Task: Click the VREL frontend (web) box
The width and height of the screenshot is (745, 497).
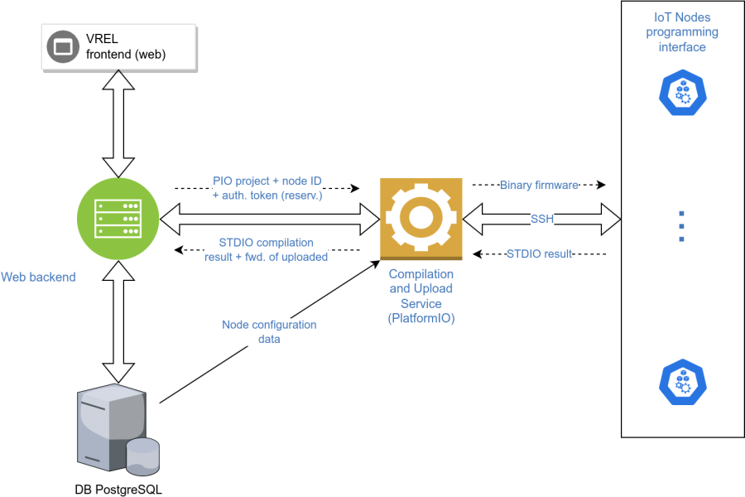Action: (x=119, y=47)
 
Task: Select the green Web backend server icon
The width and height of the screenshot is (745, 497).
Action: (x=119, y=220)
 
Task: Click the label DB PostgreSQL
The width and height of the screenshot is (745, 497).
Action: (x=118, y=490)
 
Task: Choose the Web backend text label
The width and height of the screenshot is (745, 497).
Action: (x=38, y=277)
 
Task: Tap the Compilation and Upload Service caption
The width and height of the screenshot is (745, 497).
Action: (x=421, y=296)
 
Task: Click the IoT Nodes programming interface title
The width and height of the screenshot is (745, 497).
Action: (x=682, y=32)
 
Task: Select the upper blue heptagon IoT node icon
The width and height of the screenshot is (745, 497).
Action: (x=683, y=92)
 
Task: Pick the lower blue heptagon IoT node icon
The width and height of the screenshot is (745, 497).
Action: (x=683, y=380)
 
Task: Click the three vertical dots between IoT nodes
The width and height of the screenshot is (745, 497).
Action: (x=681, y=225)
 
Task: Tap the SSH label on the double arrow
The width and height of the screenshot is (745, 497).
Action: (x=542, y=219)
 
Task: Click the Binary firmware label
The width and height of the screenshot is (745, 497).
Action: (x=539, y=185)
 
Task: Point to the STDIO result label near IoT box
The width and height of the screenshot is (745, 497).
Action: (x=539, y=253)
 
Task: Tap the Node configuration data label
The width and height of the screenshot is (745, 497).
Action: (x=269, y=331)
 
